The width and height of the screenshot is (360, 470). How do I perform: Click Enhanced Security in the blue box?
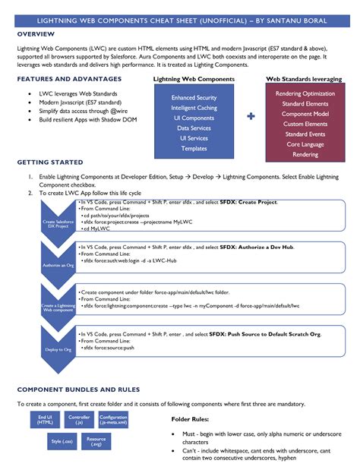(x=194, y=98)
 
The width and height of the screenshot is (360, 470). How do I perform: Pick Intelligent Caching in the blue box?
(x=194, y=108)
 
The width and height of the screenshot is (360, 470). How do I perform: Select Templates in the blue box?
(x=194, y=148)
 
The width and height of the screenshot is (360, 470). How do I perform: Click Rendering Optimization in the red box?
(x=305, y=93)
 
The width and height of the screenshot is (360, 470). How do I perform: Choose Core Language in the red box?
(x=305, y=144)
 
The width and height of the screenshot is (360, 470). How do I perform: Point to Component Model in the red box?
(x=305, y=114)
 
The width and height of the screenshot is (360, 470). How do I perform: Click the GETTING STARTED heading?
(x=49, y=162)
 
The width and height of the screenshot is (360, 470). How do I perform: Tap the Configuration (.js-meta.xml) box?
(x=113, y=420)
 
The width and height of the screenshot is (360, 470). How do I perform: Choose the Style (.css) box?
(x=61, y=440)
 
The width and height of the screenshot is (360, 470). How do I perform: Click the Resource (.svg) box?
(x=96, y=440)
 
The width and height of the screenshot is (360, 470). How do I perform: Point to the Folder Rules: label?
(x=190, y=418)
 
